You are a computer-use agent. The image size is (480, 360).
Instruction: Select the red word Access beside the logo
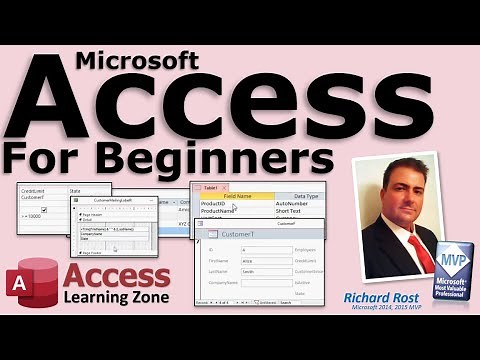[112, 278]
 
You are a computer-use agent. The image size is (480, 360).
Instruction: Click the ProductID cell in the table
[217, 204]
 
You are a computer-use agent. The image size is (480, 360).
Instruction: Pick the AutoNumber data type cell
[298, 204]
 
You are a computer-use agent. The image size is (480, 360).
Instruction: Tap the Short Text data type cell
[295, 212]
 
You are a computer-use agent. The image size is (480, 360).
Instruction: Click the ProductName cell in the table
[221, 212]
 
